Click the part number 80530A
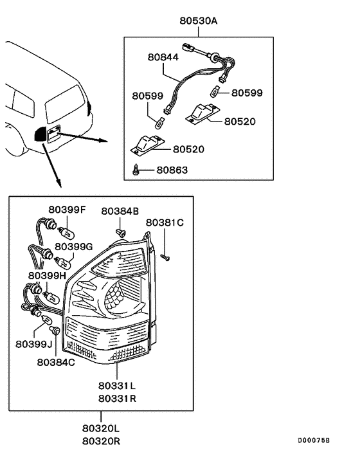coord(199,21)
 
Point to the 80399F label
coord(66,210)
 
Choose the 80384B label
coord(120,210)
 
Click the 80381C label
coord(165,222)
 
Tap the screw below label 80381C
coord(165,257)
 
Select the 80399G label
coord(74,246)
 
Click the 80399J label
coord(33,344)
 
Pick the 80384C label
coord(56,362)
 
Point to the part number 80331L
coord(117,386)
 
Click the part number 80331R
coord(117,398)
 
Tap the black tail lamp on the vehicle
coord(40,134)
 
